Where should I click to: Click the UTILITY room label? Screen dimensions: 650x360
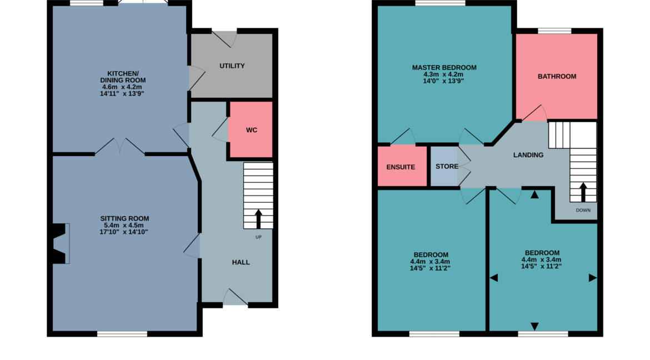pyautogui.click(x=232, y=66)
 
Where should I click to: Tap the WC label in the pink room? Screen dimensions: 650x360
pyautogui.click(x=252, y=130)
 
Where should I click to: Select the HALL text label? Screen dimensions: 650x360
pyautogui.click(x=241, y=263)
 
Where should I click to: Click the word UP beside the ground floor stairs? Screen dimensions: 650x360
pyautogui.click(x=258, y=237)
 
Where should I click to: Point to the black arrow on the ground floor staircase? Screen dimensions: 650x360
pyautogui.click(x=258, y=219)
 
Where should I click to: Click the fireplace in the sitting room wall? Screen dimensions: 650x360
pyautogui.click(x=61, y=243)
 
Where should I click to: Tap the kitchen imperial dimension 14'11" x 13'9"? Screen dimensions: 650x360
pyautogui.click(x=122, y=94)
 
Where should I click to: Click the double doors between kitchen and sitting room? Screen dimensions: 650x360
pyautogui.click(x=120, y=146)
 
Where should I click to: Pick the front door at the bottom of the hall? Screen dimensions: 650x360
pyautogui.click(x=236, y=298)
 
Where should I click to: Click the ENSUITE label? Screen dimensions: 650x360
pyautogui.click(x=401, y=167)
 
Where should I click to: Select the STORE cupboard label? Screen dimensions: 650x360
pyautogui.click(x=447, y=166)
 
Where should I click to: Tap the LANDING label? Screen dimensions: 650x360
pyautogui.click(x=528, y=155)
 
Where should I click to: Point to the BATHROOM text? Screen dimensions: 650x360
pyautogui.click(x=557, y=76)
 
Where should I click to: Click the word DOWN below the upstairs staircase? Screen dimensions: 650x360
pyautogui.click(x=583, y=210)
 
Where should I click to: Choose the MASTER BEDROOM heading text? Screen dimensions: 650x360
pyautogui.click(x=444, y=68)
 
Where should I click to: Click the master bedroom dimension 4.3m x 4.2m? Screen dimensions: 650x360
pyautogui.click(x=443, y=74)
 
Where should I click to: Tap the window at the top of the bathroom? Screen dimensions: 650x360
pyautogui.click(x=554, y=31)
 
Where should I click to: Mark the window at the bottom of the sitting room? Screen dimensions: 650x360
pyautogui.click(x=122, y=333)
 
